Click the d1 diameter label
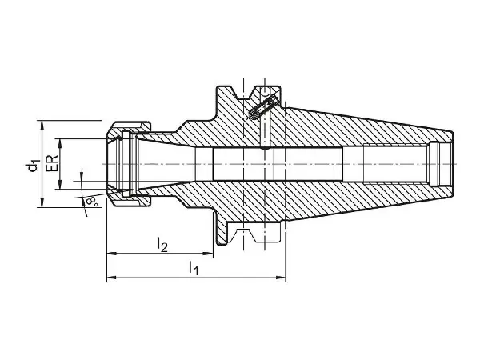[x=32, y=165]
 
